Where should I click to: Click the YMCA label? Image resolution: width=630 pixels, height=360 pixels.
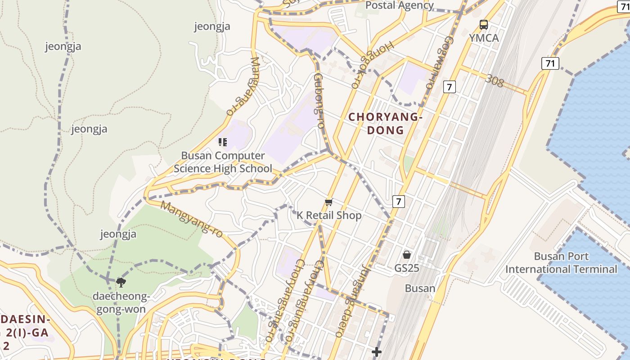click(x=484, y=38)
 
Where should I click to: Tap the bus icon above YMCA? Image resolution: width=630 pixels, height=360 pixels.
click(x=484, y=25)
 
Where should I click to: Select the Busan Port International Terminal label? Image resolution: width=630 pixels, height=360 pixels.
click(x=561, y=263)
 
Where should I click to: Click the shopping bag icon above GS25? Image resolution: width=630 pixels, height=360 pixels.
click(x=407, y=255)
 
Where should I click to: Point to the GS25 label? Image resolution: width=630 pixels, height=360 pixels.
click(x=407, y=268)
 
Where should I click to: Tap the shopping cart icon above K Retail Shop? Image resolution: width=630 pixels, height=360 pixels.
click(x=328, y=202)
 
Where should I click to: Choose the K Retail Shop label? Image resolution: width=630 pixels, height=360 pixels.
click(x=329, y=216)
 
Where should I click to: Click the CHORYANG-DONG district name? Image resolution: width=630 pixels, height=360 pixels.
click(x=386, y=124)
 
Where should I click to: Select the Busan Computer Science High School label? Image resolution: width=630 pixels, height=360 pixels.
click(x=223, y=162)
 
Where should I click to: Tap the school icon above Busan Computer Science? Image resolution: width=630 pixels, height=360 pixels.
click(x=222, y=142)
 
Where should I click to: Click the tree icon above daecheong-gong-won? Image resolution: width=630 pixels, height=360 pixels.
click(x=121, y=283)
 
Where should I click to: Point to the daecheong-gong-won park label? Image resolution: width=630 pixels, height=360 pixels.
click(x=121, y=303)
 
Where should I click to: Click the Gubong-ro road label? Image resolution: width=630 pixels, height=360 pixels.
click(x=319, y=101)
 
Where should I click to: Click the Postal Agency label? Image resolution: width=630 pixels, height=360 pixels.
click(x=399, y=5)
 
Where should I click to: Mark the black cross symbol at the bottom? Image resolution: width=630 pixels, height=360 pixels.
click(x=377, y=351)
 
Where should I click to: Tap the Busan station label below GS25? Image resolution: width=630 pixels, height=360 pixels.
click(x=420, y=288)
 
